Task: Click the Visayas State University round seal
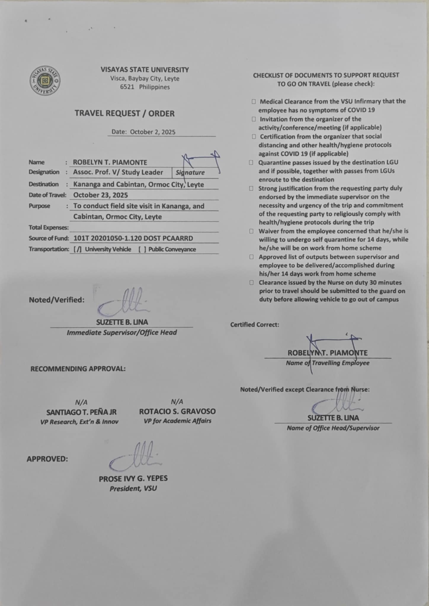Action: click(x=45, y=81)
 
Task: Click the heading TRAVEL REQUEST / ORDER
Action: click(x=124, y=113)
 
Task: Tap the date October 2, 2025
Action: click(x=153, y=132)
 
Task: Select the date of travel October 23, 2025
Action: click(x=100, y=195)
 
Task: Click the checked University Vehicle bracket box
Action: click(x=77, y=249)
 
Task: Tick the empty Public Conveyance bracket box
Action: click(x=142, y=249)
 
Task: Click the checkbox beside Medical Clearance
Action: click(x=254, y=101)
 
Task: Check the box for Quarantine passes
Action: click(x=251, y=162)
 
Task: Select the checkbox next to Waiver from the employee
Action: click(x=251, y=231)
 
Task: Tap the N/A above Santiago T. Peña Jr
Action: click(x=81, y=402)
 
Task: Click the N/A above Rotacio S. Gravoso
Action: click(x=177, y=402)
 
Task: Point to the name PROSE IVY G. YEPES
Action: click(x=133, y=478)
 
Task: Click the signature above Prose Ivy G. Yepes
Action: click(x=135, y=457)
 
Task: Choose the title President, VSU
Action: click(x=133, y=489)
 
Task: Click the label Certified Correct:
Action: click(x=254, y=325)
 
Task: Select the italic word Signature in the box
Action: click(x=190, y=173)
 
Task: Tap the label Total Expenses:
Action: click(x=49, y=228)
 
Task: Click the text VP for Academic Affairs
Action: click(x=177, y=421)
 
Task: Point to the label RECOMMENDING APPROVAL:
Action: click(x=78, y=369)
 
